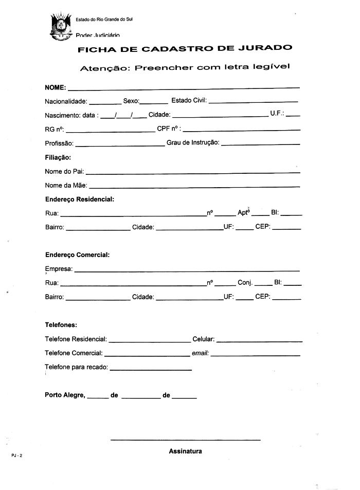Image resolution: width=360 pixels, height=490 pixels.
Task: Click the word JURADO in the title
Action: pos(266,48)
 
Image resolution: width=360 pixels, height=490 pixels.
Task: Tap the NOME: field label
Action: pos(55,88)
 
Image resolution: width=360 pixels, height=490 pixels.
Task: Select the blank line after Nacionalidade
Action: pos(105,103)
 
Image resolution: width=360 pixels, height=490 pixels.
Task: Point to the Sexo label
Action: pos(131,101)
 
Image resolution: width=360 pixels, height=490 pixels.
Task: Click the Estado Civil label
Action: pos(189,100)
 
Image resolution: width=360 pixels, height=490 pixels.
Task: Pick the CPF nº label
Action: pos(169,129)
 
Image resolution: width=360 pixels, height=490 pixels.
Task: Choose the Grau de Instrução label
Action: pos(193,143)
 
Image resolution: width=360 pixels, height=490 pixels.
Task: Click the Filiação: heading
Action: pos(58,157)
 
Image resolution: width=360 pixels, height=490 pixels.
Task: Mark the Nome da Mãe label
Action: pos(66,186)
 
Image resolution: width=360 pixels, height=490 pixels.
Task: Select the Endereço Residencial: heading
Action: pos(79,199)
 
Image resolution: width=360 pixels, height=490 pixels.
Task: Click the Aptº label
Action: pos(243,213)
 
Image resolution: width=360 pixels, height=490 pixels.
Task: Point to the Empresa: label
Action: pos(59,269)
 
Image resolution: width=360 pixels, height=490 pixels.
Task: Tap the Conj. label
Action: pos(245,283)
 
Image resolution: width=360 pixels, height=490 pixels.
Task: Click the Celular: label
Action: pos(204,339)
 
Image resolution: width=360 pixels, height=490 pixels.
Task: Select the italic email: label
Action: pos(200,353)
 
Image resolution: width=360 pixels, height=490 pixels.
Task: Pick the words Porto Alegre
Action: pos(65,395)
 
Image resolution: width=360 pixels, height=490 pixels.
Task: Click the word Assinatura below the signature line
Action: pos(185,451)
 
